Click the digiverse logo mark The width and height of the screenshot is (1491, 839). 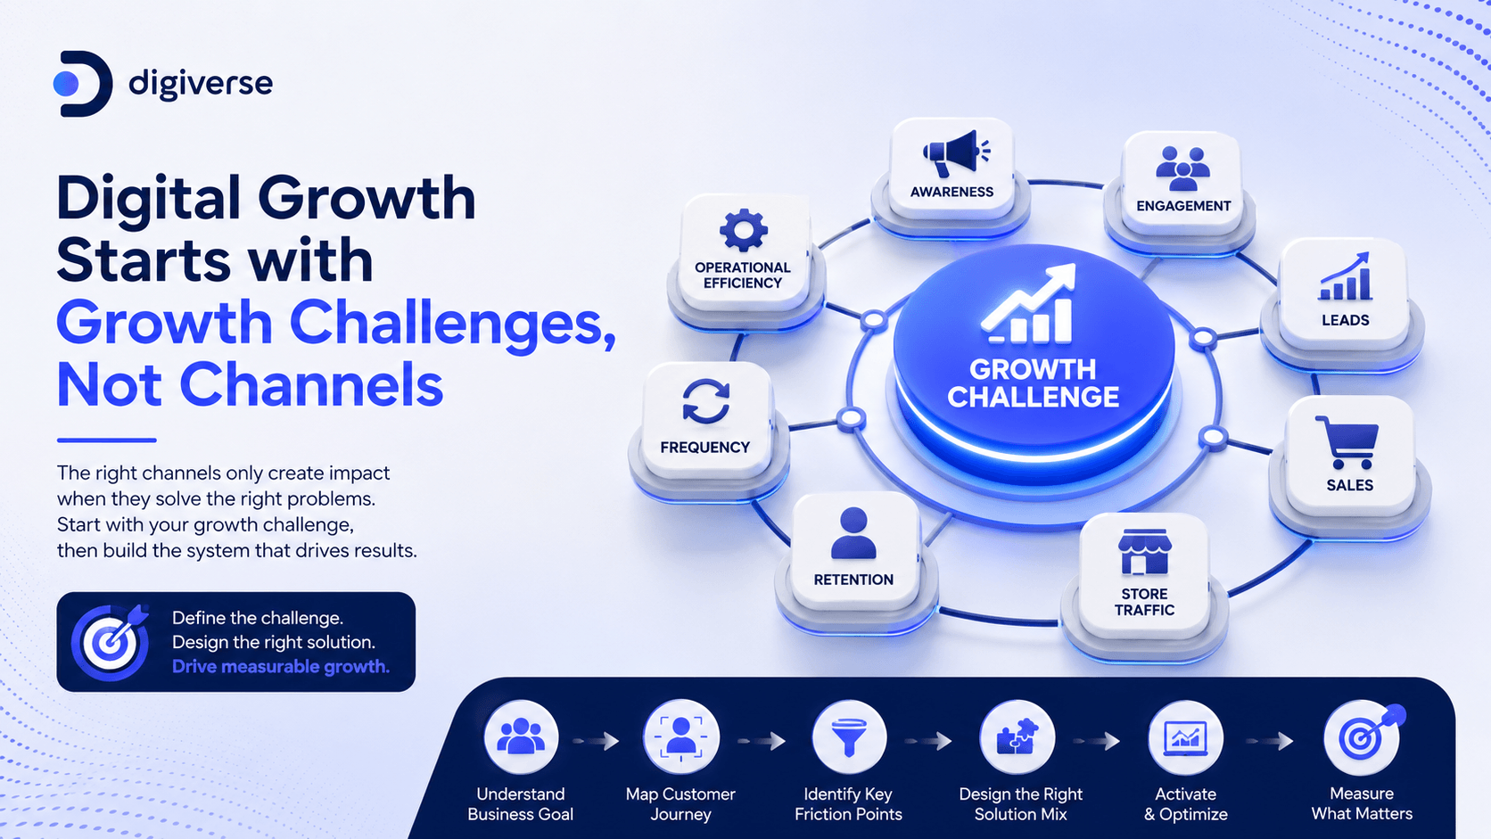(x=83, y=84)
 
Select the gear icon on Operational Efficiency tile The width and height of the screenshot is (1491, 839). (x=744, y=230)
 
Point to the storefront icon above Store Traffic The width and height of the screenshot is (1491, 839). (x=1144, y=552)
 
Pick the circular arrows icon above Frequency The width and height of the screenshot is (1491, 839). (x=705, y=401)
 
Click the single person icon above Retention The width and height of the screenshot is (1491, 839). (x=853, y=533)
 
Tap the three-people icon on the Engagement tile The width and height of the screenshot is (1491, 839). (x=1182, y=169)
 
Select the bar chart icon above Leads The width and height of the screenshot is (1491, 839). (x=1346, y=276)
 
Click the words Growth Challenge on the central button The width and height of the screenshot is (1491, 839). (x=1033, y=383)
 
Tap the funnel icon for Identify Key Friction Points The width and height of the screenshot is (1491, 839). (x=849, y=738)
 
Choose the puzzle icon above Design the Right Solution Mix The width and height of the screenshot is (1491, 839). (x=1017, y=737)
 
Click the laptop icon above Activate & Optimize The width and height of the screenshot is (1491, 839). (x=1185, y=738)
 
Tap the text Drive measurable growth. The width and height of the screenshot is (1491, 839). (x=281, y=667)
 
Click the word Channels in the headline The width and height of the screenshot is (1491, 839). (x=311, y=384)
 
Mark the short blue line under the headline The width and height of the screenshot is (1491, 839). (x=106, y=440)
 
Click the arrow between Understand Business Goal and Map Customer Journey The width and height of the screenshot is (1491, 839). (x=597, y=741)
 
